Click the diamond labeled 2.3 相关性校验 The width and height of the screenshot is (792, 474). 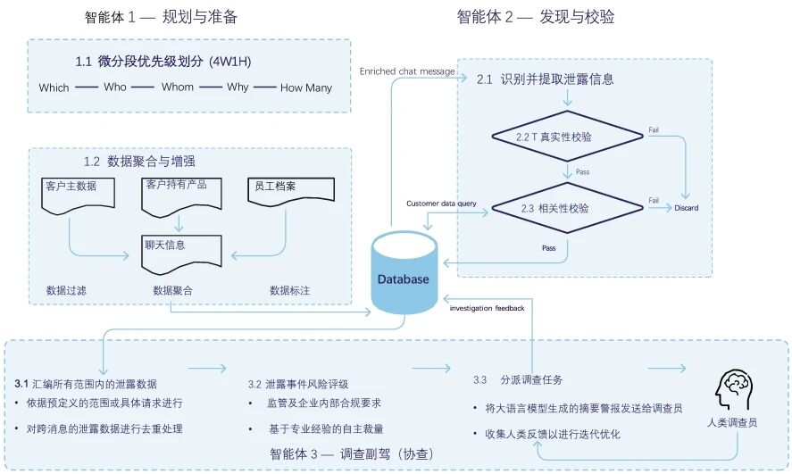[567, 207]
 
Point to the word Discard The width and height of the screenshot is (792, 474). [687, 208]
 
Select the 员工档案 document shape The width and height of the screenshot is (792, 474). [290, 194]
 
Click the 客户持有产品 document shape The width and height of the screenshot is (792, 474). [180, 192]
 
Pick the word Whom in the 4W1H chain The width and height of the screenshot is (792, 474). [177, 87]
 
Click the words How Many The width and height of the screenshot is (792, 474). [306, 87]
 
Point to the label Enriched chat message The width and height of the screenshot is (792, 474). [407, 71]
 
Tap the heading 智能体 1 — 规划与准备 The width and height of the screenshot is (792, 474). [161, 17]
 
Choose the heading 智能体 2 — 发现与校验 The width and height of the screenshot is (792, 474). [536, 17]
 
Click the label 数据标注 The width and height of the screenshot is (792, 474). [290, 290]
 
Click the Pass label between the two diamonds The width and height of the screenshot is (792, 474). [582, 171]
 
